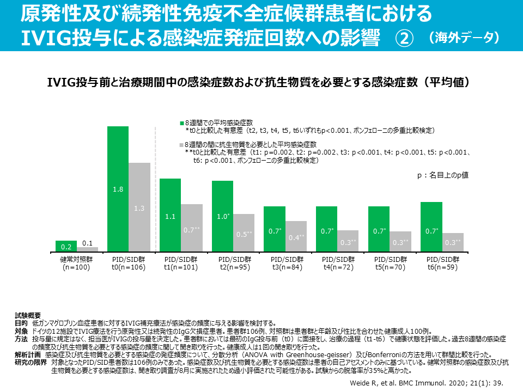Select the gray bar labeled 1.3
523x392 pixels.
tap(139, 207)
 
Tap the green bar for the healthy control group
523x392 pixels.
tap(66, 246)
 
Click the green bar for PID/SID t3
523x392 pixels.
tap(274, 229)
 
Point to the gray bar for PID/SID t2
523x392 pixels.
tap(244, 233)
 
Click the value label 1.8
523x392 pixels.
tap(118, 189)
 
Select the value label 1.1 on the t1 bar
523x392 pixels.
tap(169, 217)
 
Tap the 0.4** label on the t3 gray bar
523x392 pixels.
tap(296, 237)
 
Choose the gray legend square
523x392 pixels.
tap(182, 145)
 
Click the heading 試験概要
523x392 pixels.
tap(28, 315)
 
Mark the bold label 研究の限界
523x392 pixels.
tap(30, 362)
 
